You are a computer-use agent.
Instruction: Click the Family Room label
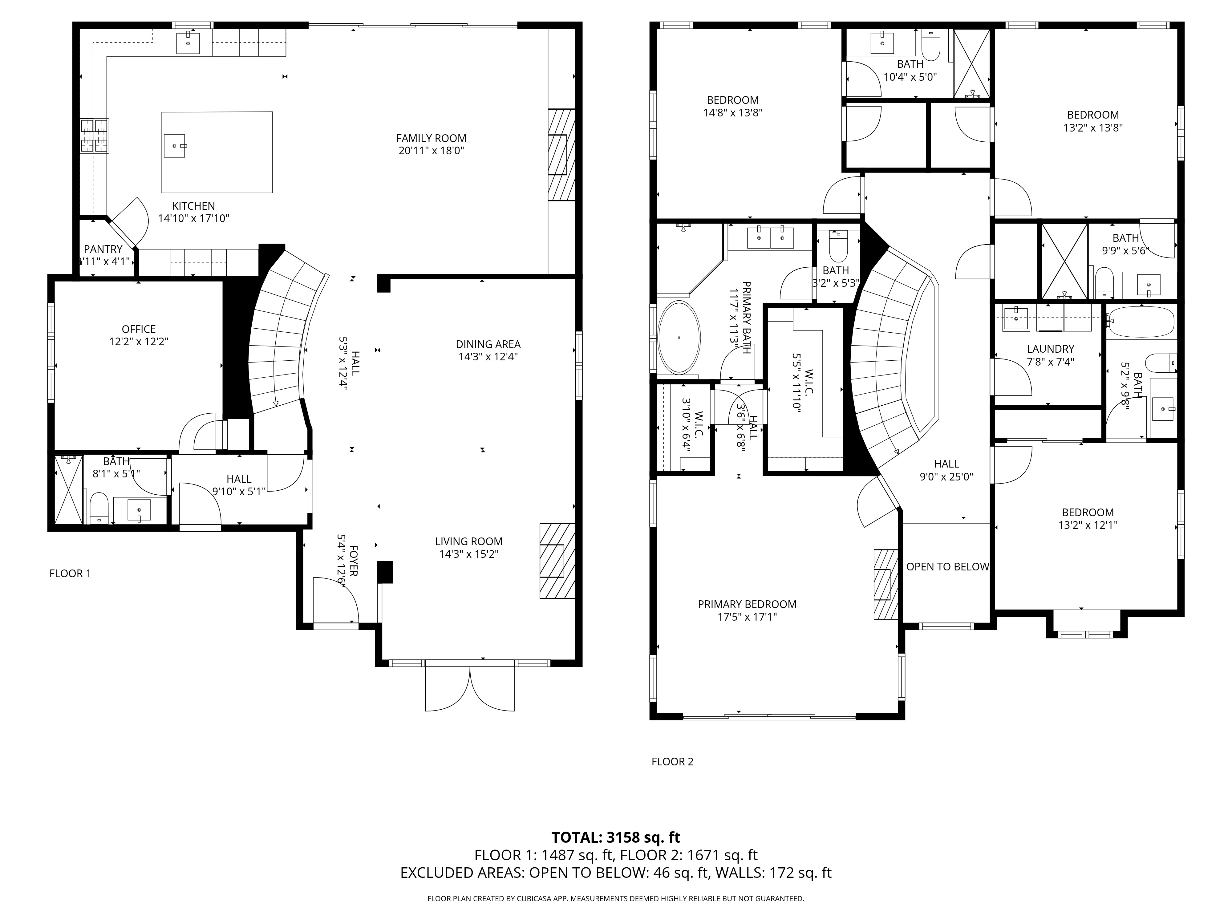point(431,138)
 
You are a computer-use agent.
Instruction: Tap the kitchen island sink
point(175,146)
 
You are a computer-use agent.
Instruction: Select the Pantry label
point(103,249)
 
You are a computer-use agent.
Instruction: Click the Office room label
point(139,329)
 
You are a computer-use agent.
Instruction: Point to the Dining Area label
point(488,344)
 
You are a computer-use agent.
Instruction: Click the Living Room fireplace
point(557,560)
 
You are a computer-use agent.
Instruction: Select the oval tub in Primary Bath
point(679,338)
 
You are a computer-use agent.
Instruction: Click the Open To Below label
point(947,566)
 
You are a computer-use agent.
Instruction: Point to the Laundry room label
point(1050,349)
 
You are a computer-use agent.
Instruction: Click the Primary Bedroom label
point(747,604)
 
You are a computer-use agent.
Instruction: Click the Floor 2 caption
point(672,761)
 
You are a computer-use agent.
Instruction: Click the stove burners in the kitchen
point(94,136)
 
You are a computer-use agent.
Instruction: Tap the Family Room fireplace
point(561,155)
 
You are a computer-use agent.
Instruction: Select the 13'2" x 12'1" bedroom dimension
point(1088,525)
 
